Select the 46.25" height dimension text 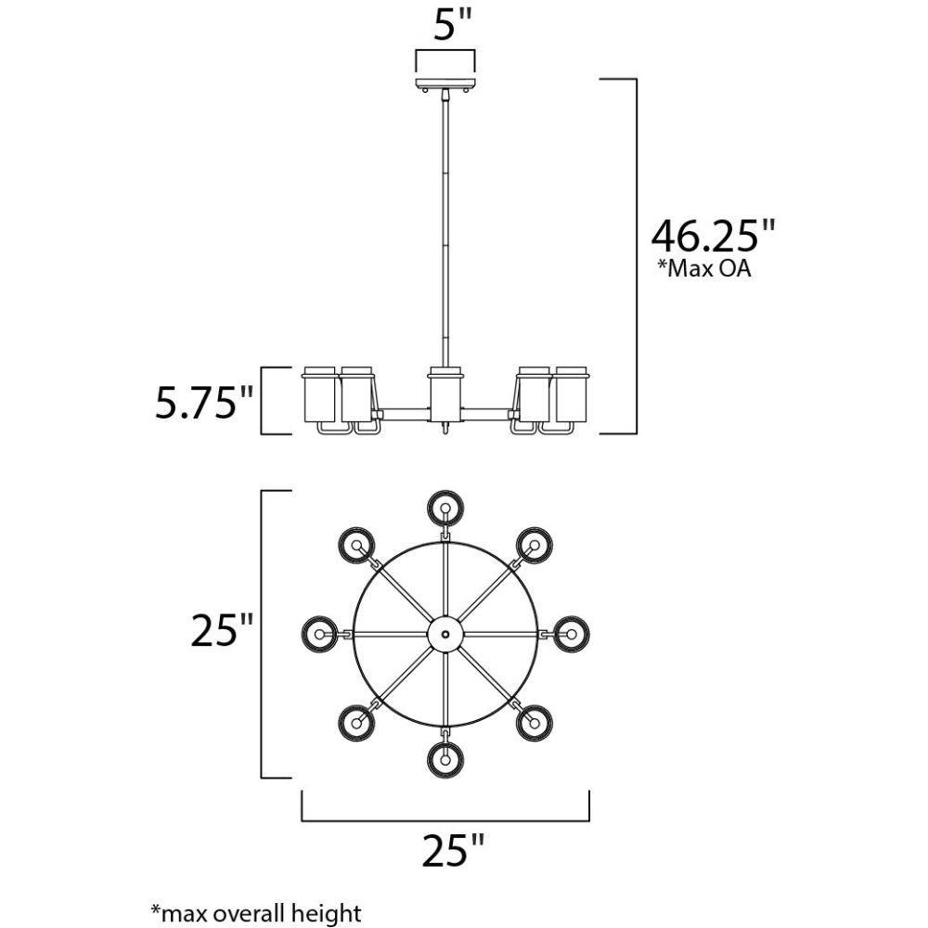click(x=712, y=236)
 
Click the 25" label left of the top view click(x=222, y=633)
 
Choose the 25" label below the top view click(x=453, y=850)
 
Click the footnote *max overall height click(x=255, y=914)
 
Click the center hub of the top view click(x=445, y=634)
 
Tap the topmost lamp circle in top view click(x=445, y=508)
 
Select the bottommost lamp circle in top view click(x=445, y=758)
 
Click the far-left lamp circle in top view click(x=320, y=634)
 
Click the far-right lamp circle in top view click(x=571, y=634)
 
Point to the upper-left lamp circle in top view click(x=356, y=545)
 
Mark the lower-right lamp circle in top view click(x=535, y=721)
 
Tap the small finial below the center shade click(x=446, y=430)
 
